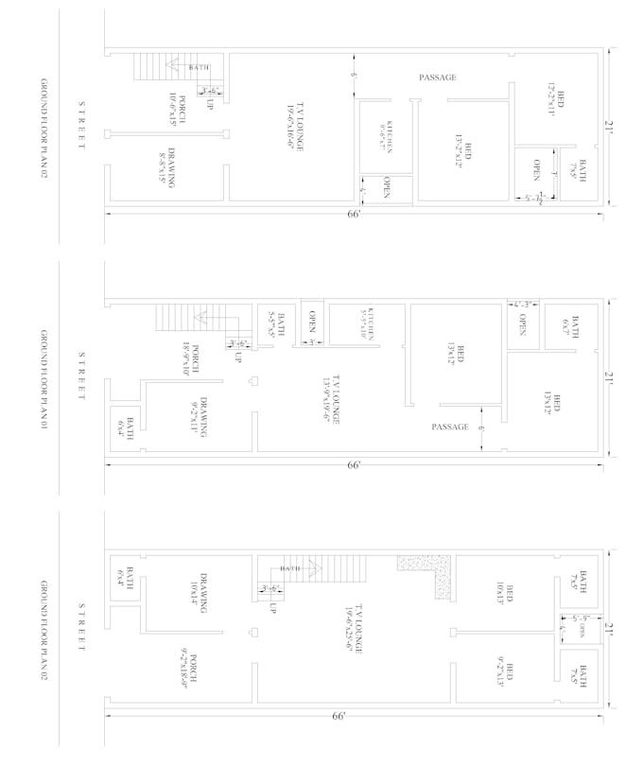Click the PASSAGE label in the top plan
point(438,78)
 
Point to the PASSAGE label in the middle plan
point(450,427)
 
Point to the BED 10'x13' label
point(505,593)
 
